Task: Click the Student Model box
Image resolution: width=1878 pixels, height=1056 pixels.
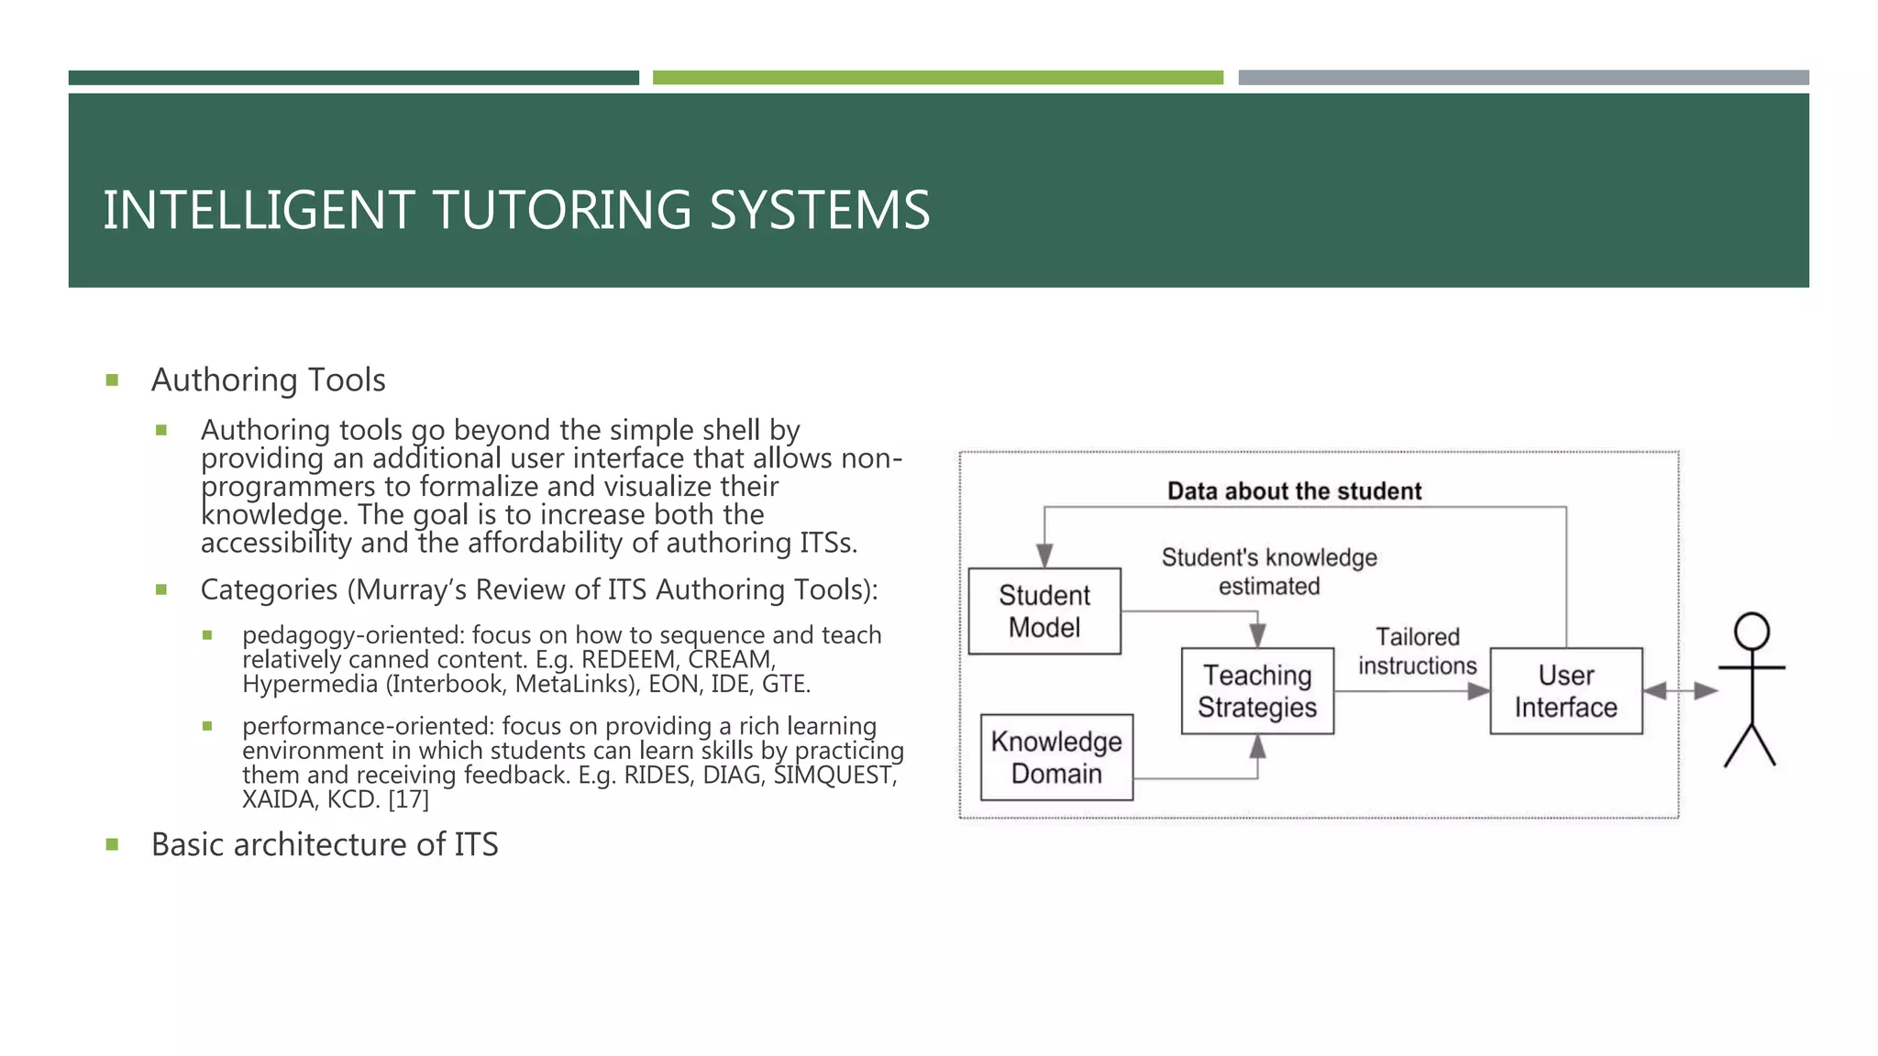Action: click(x=1044, y=610)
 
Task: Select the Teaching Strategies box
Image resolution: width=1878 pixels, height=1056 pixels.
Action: click(x=1257, y=691)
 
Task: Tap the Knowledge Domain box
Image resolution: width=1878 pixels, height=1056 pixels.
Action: click(x=1056, y=757)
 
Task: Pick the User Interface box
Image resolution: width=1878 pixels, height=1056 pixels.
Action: click(x=1565, y=691)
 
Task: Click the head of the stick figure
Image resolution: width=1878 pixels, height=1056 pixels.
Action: click(x=1751, y=632)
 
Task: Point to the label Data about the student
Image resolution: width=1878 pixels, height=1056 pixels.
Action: click(x=1294, y=491)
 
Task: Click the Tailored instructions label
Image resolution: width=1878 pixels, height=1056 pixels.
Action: click(x=1417, y=651)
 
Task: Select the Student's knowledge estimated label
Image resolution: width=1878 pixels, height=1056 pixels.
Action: click(x=1269, y=572)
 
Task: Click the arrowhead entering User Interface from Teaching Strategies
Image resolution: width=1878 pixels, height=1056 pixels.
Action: click(x=1477, y=691)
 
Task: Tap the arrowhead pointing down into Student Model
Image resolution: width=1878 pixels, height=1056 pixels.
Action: click(x=1044, y=555)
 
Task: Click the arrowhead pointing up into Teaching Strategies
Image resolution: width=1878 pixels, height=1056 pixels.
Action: click(x=1257, y=747)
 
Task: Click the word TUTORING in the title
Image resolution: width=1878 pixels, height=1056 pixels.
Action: click(x=561, y=210)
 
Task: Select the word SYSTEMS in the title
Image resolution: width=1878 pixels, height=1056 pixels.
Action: click(x=820, y=210)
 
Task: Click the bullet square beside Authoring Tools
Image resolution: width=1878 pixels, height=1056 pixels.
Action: click(x=113, y=380)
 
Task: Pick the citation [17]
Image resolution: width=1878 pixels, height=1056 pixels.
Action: click(x=408, y=799)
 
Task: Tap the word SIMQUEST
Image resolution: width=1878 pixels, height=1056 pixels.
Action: click(x=833, y=775)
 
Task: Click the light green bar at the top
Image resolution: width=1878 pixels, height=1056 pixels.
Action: click(x=937, y=78)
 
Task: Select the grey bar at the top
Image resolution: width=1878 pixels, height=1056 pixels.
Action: click(x=1523, y=78)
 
